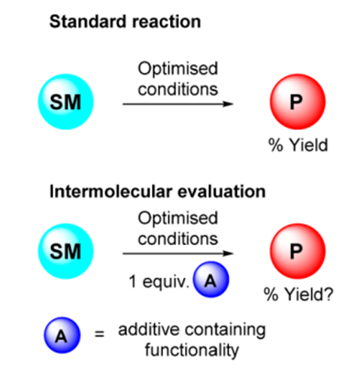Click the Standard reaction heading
point(125,22)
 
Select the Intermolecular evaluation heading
point(157,192)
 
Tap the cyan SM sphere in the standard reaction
point(65,101)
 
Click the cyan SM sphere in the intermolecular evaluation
point(65,251)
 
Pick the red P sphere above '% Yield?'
point(298,251)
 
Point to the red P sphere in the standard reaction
point(298,101)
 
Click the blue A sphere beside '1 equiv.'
point(211,280)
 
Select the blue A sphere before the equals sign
point(62,335)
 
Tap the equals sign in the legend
point(99,334)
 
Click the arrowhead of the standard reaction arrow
point(228,104)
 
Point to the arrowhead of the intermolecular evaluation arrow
point(228,253)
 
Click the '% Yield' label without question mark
point(298,145)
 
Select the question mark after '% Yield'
point(328,294)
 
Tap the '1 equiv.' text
point(159,281)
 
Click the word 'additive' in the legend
point(149,329)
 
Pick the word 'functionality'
point(192,350)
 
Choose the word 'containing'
point(225,330)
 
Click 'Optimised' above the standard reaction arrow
point(178,68)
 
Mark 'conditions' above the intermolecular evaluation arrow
point(178,239)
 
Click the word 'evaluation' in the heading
point(222,192)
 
